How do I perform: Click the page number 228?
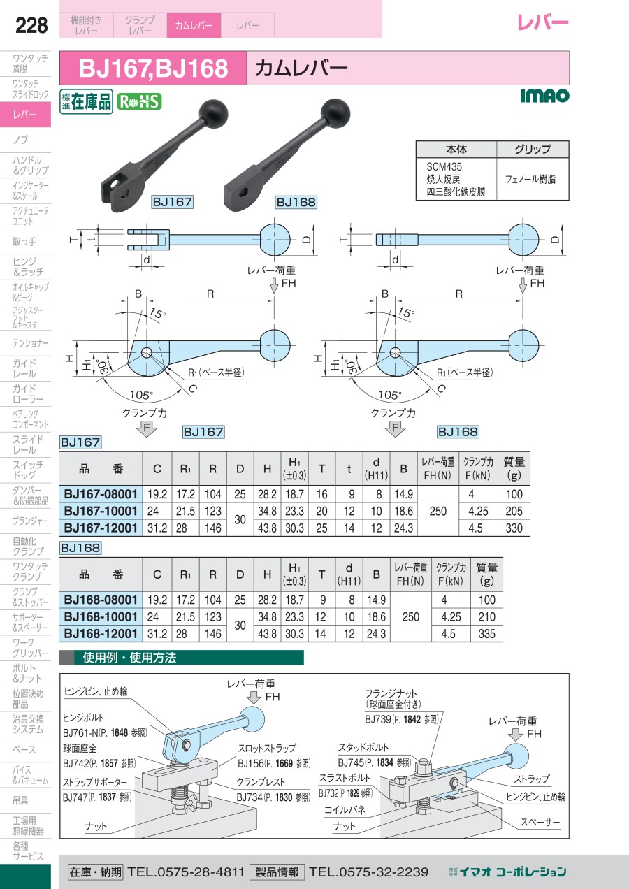tap(31, 25)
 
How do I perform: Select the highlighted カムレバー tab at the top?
tap(194, 25)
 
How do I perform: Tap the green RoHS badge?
tap(139, 101)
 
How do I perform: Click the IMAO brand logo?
tap(544, 95)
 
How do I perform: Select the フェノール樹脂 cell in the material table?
tap(530, 180)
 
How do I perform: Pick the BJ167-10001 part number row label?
tap(101, 511)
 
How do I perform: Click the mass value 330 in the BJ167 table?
tap(514, 528)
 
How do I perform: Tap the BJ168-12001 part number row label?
tap(101, 634)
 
